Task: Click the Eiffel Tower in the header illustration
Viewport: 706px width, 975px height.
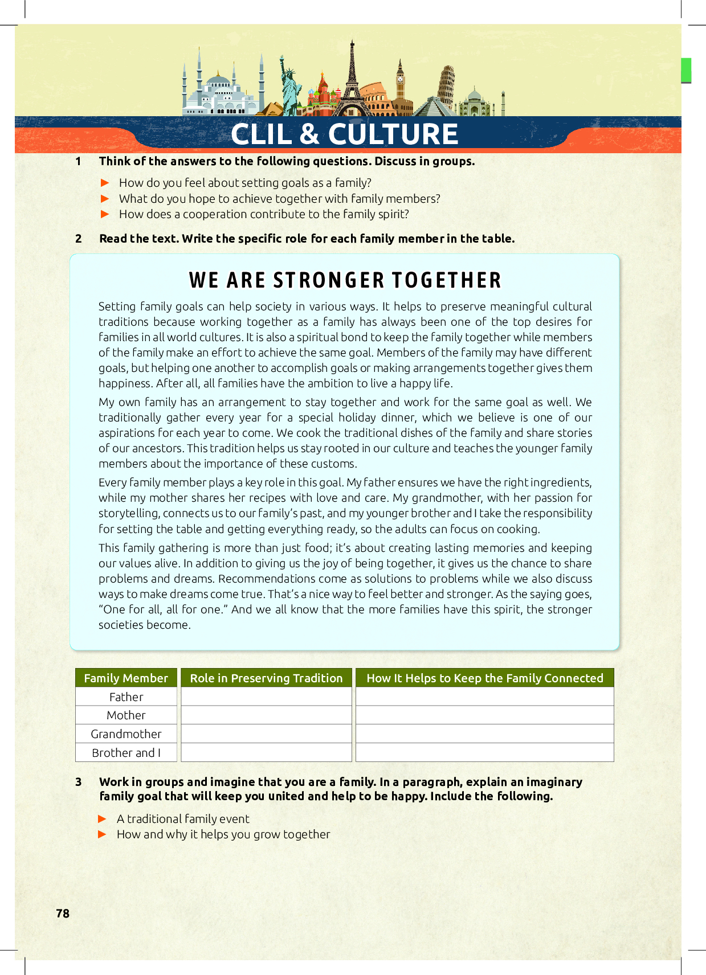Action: coord(352,80)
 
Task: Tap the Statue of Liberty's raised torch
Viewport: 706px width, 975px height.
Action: coord(281,59)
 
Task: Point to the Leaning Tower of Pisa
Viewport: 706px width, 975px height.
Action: coord(446,85)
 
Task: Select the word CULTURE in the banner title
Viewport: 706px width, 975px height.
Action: coord(393,134)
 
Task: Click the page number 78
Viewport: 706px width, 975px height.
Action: coord(63,913)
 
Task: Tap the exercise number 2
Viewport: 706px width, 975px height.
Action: coord(79,239)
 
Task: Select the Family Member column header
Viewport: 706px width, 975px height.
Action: coord(126,678)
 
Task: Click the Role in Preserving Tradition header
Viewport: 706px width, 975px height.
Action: coord(266,678)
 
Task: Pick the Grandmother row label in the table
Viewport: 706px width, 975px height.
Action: coord(126,734)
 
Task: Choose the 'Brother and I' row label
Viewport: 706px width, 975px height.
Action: coord(126,753)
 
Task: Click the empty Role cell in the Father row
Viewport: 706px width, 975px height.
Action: coord(266,697)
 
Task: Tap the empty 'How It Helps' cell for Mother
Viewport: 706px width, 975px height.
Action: coord(484,715)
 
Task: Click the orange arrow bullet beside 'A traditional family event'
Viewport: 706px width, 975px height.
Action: coord(103,819)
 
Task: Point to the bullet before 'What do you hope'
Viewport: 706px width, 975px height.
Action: coord(105,199)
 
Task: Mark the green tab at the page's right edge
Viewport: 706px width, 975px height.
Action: coord(686,70)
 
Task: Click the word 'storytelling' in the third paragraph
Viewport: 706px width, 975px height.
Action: coord(129,514)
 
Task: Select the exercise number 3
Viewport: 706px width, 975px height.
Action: coord(79,782)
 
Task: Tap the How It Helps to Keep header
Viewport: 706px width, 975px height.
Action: coord(484,678)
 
